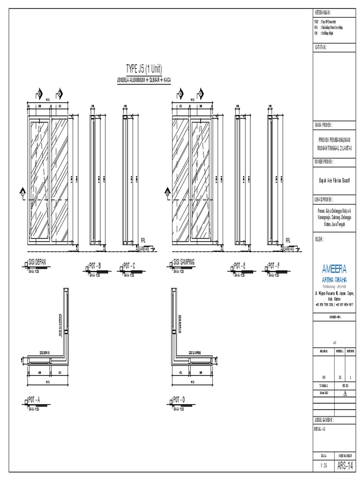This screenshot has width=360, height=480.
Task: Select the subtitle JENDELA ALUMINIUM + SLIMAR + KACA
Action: point(144,80)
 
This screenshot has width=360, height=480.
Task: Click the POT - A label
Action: point(35,399)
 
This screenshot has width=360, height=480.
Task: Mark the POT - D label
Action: point(179,399)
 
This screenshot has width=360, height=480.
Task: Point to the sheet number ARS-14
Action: point(346,466)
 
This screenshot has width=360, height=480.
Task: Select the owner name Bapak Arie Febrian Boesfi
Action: point(335,179)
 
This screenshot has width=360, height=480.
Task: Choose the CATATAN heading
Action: point(322,47)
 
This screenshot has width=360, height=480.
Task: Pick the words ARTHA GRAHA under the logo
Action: point(335,279)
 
